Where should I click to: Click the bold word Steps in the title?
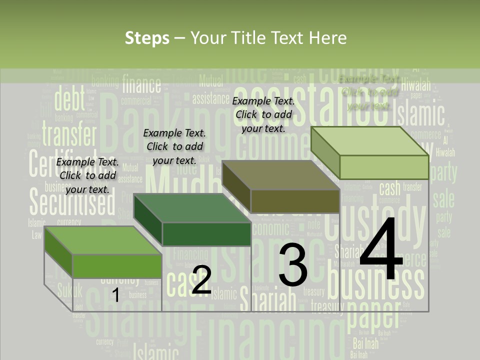click(147, 38)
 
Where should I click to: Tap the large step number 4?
click(381, 250)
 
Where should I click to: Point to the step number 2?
click(201, 280)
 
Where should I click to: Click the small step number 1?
click(115, 295)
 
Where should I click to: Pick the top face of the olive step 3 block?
click(280, 175)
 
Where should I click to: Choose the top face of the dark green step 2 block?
click(192, 208)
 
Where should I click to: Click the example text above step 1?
click(87, 175)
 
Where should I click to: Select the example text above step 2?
click(174, 146)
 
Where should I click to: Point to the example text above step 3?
click(263, 114)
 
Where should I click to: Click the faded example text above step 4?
click(369, 92)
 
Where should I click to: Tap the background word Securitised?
click(72, 202)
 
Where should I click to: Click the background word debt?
click(69, 99)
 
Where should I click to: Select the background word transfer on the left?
click(69, 134)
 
